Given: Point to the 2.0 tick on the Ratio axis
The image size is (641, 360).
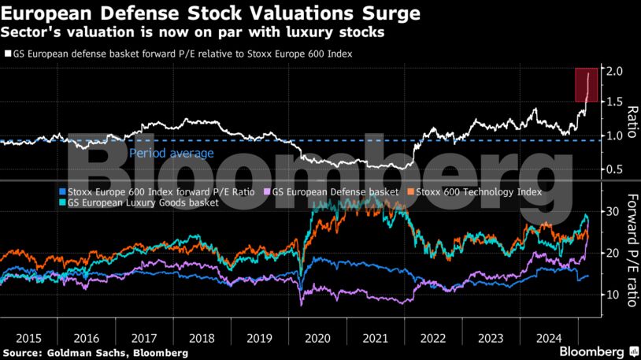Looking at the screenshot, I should coord(615,71).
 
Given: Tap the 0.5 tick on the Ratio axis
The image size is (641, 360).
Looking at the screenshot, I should coord(615,169).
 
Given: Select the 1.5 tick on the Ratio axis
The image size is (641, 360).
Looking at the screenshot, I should coord(615,103).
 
